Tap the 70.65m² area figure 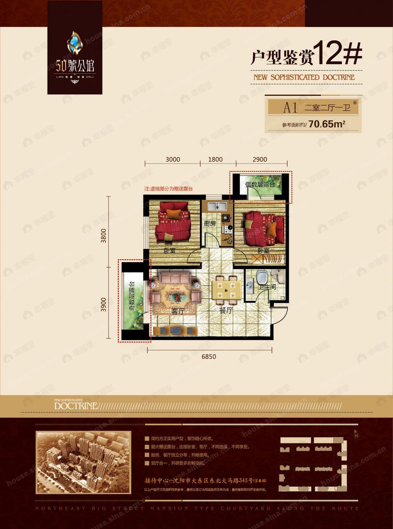327,124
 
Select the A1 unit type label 290,107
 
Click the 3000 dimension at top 173,159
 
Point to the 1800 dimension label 215,159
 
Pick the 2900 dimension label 260,159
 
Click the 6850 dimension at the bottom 209,356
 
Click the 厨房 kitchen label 210,224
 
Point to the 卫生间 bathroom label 267,287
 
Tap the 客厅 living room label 178,311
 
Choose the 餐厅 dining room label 226,310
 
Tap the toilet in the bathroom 261,277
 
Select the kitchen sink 216,206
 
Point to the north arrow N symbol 356,435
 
